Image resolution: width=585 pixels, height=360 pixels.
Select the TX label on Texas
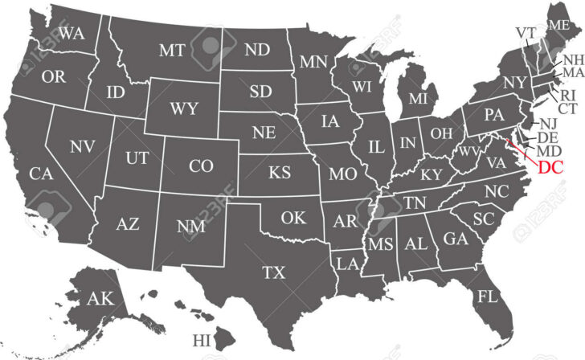pyautogui.click(x=274, y=272)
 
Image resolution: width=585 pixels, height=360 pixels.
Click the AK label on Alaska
pyautogui.click(x=100, y=299)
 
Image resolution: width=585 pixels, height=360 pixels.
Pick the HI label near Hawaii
pyautogui.click(x=202, y=340)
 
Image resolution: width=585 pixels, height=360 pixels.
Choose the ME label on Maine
pyautogui.click(x=559, y=26)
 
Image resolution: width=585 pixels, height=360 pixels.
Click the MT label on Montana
pyautogui.click(x=172, y=50)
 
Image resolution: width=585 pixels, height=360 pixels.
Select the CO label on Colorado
pyautogui.click(x=201, y=166)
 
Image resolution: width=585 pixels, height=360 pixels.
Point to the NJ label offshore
pyautogui.click(x=548, y=123)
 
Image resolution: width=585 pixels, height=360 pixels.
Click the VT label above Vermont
pyautogui.click(x=526, y=32)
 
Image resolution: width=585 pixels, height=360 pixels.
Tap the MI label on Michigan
pyautogui.click(x=418, y=99)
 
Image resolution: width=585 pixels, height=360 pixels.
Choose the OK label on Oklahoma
pyautogui.click(x=293, y=216)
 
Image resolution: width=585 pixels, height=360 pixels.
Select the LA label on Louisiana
pyautogui.click(x=347, y=263)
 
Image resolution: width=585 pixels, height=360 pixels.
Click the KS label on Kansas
pyautogui.click(x=279, y=173)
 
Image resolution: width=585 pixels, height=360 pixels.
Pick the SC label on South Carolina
pyautogui.click(x=482, y=219)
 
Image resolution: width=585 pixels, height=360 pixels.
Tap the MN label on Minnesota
pyautogui.click(x=312, y=61)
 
